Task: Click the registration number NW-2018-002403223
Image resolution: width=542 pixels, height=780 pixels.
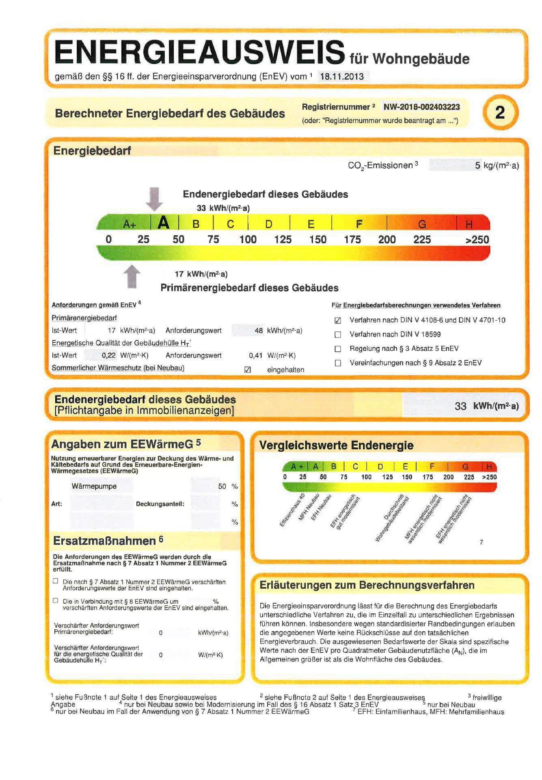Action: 421,107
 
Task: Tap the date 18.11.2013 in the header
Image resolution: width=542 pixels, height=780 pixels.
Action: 342,76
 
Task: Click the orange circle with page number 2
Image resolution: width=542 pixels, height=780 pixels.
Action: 500,113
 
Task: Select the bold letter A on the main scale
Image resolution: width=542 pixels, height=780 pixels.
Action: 164,223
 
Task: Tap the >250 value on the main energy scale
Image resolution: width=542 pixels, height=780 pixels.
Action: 477,240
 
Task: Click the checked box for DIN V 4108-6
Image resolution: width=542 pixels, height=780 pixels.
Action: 338,321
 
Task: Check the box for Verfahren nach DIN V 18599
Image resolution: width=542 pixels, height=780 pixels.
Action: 338,335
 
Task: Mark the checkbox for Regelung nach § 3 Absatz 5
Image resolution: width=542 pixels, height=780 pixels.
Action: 338,349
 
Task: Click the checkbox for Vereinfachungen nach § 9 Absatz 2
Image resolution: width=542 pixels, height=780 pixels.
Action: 338,363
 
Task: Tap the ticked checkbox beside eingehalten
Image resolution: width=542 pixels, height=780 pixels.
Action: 248,370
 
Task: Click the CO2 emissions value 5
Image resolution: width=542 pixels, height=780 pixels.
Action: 477,165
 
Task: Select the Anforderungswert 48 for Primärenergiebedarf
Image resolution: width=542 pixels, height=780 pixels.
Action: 259,331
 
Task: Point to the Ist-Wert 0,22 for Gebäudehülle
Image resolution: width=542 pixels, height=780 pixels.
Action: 108,355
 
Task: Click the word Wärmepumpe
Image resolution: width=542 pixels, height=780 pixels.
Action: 94,486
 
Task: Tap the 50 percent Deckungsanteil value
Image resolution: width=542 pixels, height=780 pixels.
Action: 222,486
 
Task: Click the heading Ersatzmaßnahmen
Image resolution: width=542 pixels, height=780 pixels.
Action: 104,541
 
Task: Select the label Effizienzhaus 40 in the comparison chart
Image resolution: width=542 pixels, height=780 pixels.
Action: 292,510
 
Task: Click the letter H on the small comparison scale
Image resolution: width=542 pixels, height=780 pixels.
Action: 489,466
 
